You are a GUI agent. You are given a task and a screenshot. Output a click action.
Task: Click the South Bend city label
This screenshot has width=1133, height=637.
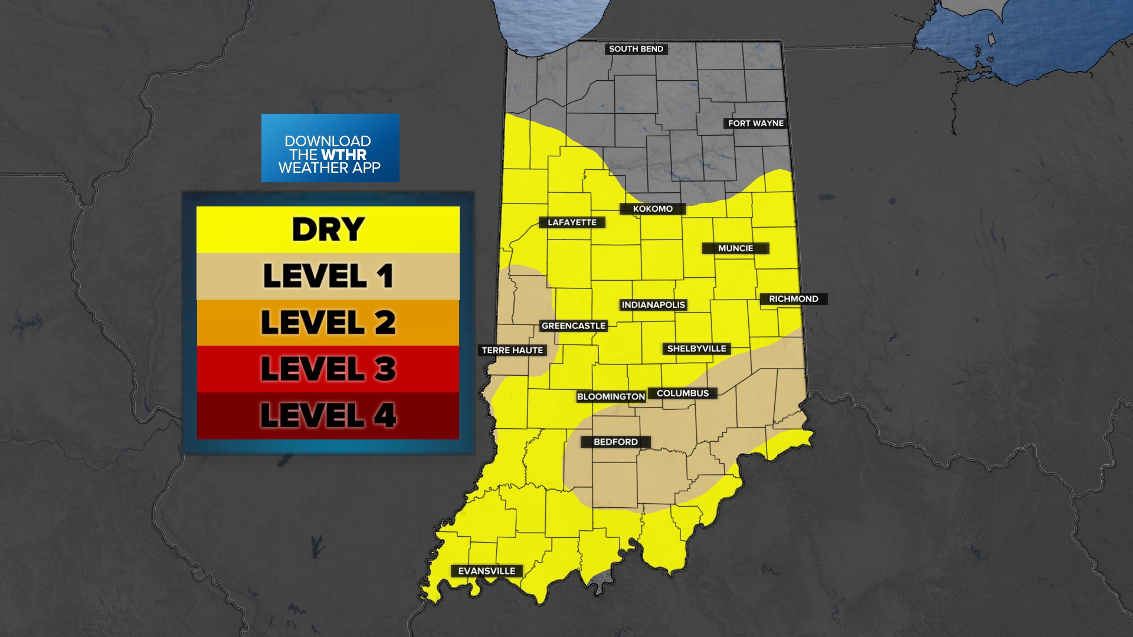point(636,49)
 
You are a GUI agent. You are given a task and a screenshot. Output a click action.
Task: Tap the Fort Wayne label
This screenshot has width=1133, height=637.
point(755,123)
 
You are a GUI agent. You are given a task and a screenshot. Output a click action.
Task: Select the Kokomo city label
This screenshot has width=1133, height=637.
point(653,209)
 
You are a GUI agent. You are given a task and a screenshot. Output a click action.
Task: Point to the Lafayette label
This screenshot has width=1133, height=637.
point(572,222)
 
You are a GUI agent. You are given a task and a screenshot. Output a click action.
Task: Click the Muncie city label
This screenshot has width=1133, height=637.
point(735,248)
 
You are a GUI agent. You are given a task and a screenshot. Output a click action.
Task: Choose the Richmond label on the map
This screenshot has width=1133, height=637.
point(793,299)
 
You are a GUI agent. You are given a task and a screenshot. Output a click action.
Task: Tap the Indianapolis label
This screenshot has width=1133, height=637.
point(653,305)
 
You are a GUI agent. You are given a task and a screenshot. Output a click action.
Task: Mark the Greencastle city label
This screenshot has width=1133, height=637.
point(574,326)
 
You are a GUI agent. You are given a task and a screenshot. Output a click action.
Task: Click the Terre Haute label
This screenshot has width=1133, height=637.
point(512,350)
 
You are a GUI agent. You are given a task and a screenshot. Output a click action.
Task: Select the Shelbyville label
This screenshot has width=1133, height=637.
point(696,349)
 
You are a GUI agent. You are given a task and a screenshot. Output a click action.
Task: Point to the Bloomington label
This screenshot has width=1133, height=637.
point(611,396)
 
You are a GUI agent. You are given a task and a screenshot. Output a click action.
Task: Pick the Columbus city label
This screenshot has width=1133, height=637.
point(683,393)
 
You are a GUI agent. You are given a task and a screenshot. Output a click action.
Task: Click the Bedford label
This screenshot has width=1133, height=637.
point(615,442)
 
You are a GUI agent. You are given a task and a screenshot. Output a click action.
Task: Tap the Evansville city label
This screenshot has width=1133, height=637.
point(487,571)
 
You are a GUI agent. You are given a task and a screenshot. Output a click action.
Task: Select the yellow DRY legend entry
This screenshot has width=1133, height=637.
point(328,229)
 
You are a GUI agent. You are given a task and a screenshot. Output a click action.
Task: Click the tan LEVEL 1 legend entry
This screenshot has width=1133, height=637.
point(328,276)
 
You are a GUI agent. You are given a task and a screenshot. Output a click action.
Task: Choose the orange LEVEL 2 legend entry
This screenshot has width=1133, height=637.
point(328,322)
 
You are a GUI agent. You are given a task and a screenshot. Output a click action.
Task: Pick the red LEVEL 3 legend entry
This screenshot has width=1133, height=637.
point(328,369)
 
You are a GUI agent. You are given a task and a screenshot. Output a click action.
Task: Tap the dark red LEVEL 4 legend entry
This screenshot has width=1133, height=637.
point(328,415)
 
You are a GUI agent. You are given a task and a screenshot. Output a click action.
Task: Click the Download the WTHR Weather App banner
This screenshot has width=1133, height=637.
point(330,148)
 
